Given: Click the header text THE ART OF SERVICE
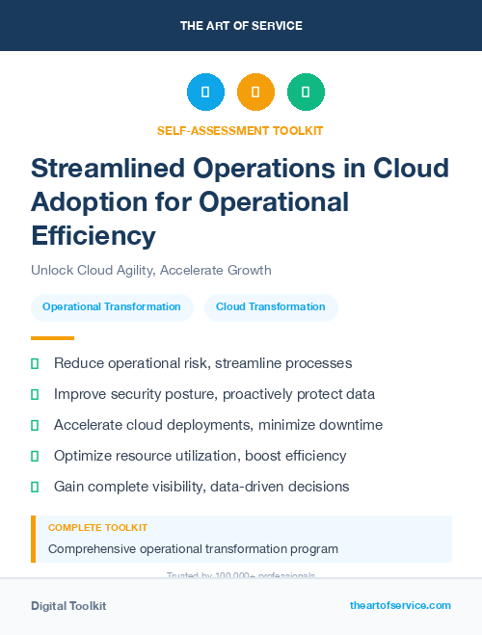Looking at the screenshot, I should tap(241, 26).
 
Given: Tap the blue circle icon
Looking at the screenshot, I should tap(205, 93).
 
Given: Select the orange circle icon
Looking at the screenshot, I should tap(255, 93).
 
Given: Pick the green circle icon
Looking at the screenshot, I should tap(306, 93).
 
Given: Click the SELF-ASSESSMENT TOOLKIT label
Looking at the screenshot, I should tap(240, 130).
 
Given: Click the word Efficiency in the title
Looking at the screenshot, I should tap(93, 235).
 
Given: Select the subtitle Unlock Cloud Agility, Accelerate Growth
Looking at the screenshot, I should tap(151, 270).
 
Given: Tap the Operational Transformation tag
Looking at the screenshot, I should tap(112, 307).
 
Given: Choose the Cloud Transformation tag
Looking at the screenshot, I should tap(271, 307).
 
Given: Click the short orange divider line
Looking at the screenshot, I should tap(52, 338).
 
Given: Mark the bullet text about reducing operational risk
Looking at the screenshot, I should tap(202, 363).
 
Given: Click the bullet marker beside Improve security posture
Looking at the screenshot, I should tap(35, 394).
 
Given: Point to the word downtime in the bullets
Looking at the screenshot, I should tap(352, 425).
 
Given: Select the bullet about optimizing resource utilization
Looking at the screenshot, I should tap(200, 455).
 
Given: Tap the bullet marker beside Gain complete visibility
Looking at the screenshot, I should tap(35, 487).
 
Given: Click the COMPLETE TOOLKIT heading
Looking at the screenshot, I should tap(97, 528).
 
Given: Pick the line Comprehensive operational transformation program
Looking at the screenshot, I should tap(193, 548).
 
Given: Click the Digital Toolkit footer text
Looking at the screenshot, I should tap(68, 606).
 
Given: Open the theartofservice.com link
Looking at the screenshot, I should tap(400, 605).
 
